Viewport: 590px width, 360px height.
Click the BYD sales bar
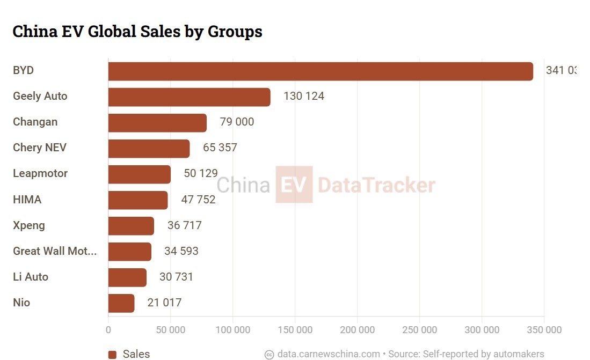click(321, 71)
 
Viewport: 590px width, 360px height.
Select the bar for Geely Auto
click(189, 97)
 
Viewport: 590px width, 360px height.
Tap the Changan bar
click(157, 123)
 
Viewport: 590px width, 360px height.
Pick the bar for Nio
click(121, 303)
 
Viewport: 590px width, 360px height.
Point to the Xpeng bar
click(131, 226)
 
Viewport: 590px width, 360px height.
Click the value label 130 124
click(304, 97)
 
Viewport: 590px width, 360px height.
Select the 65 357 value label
click(220, 148)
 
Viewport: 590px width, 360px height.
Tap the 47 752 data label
click(198, 200)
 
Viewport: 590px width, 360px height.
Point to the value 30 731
click(176, 277)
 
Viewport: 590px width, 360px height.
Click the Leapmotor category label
click(40, 173)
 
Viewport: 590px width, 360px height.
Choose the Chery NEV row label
click(40, 148)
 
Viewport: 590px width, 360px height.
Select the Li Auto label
click(31, 277)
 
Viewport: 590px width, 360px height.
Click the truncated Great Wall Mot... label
click(55, 251)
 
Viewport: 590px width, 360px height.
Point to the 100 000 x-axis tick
click(233, 330)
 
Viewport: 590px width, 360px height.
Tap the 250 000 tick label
click(419, 330)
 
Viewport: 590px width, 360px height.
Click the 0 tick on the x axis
click(108, 330)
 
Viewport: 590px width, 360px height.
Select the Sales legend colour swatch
click(112, 354)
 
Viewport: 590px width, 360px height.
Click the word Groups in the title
click(235, 32)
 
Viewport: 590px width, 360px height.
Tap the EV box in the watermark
click(294, 185)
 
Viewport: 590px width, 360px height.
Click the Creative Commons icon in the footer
click(269, 354)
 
